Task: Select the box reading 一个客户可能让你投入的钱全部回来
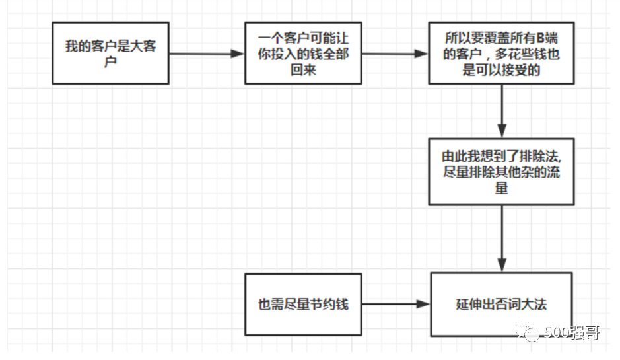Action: point(303,53)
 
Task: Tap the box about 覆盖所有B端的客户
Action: point(501,53)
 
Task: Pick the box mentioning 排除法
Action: point(501,172)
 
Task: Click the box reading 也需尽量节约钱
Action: point(303,305)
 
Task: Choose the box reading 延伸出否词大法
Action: point(501,305)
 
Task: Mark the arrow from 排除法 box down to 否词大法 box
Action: point(502,238)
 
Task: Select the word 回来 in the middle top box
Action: point(303,69)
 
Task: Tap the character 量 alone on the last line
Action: point(502,187)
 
